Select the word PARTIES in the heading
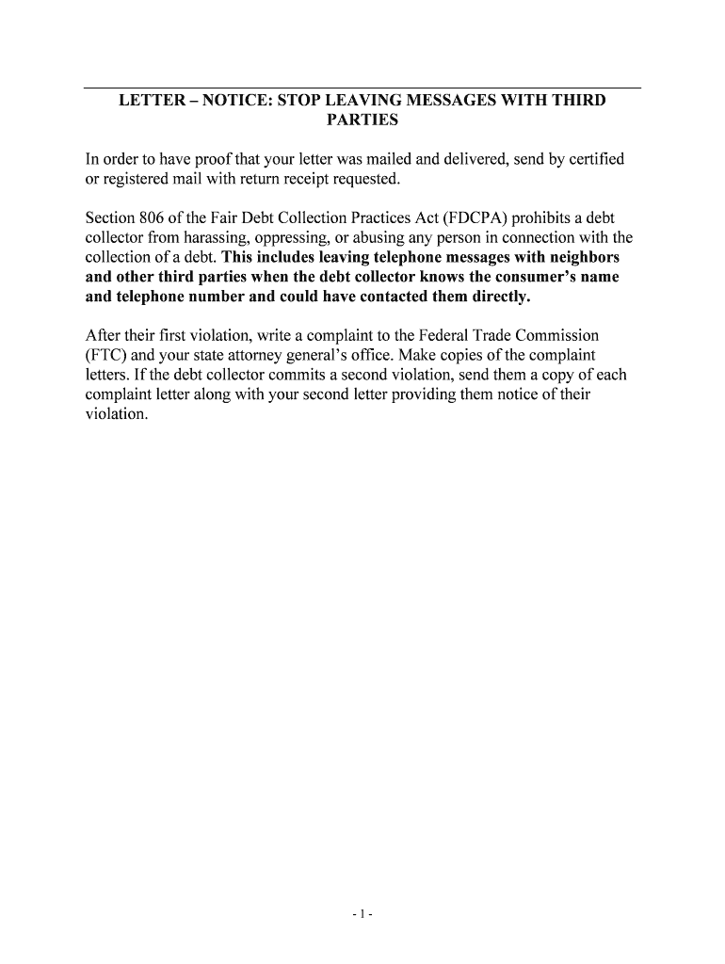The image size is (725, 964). (362, 120)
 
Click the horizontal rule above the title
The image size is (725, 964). (362, 88)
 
